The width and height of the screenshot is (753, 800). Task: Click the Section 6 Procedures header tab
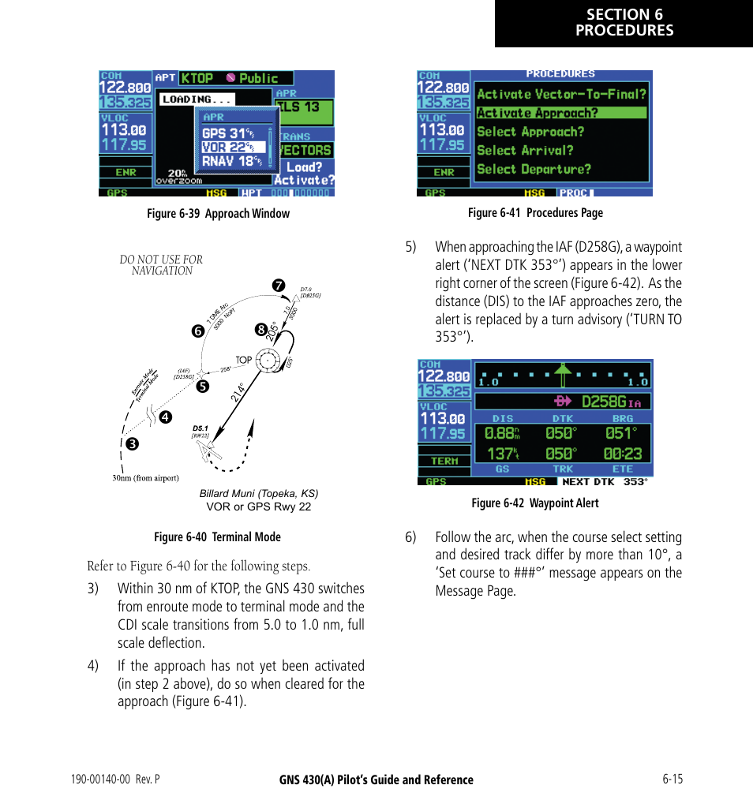click(624, 23)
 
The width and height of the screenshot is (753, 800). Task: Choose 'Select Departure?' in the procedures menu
click(534, 170)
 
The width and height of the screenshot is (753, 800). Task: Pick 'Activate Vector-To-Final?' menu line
click(561, 94)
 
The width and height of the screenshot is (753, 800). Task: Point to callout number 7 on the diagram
click(278, 286)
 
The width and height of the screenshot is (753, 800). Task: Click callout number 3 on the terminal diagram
click(133, 444)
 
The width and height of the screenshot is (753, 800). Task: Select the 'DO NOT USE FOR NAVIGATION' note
click(161, 265)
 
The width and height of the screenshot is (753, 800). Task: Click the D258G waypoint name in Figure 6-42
click(604, 402)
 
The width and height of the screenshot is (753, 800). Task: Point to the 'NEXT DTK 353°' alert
click(604, 482)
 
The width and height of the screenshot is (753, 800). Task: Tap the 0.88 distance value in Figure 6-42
click(499, 434)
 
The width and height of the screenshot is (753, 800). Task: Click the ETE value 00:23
click(623, 454)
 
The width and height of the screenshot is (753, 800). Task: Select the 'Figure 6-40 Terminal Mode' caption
click(217, 537)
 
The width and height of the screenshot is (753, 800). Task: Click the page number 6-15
click(672, 779)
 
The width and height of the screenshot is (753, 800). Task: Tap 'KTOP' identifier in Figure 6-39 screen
click(197, 78)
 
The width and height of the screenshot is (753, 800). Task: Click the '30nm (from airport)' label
click(146, 478)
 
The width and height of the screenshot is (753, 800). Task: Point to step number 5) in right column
click(410, 247)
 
